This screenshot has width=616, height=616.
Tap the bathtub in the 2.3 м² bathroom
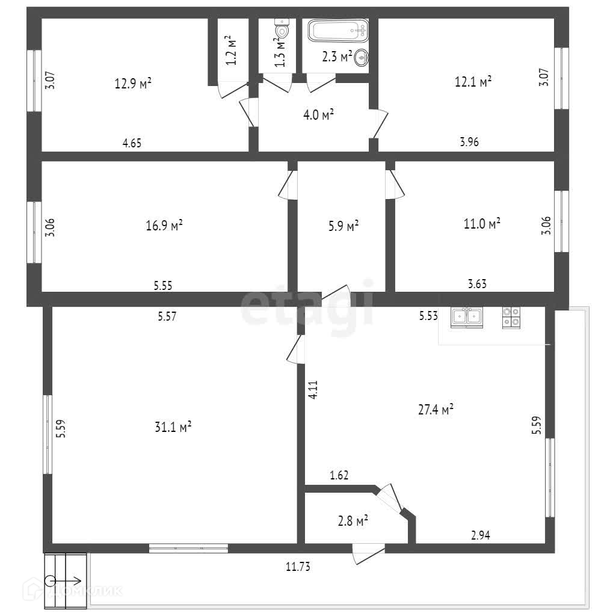click(338, 30)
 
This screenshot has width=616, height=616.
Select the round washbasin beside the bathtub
click(362, 58)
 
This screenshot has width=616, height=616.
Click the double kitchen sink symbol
click(467, 317)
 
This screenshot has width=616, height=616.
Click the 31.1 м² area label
click(173, 427)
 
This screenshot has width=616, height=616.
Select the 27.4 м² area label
click(436, 410)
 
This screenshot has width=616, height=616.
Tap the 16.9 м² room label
click(164, 226)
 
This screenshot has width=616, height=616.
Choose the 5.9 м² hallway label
click(343, 226)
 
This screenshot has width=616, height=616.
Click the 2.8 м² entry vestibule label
click(353, 521)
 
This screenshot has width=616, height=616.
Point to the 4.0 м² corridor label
click(319, 115)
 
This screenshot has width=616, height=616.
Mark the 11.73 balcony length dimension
click(298, 567)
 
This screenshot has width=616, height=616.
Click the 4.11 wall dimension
click(313, 390)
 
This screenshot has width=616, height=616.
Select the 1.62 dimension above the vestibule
click(339, 475)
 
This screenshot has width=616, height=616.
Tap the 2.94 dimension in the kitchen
click(481, 535)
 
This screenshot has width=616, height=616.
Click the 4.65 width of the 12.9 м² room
click(132, 143)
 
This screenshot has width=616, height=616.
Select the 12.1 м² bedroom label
click(473, 82)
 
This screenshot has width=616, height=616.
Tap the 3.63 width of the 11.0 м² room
click(477, 284)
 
